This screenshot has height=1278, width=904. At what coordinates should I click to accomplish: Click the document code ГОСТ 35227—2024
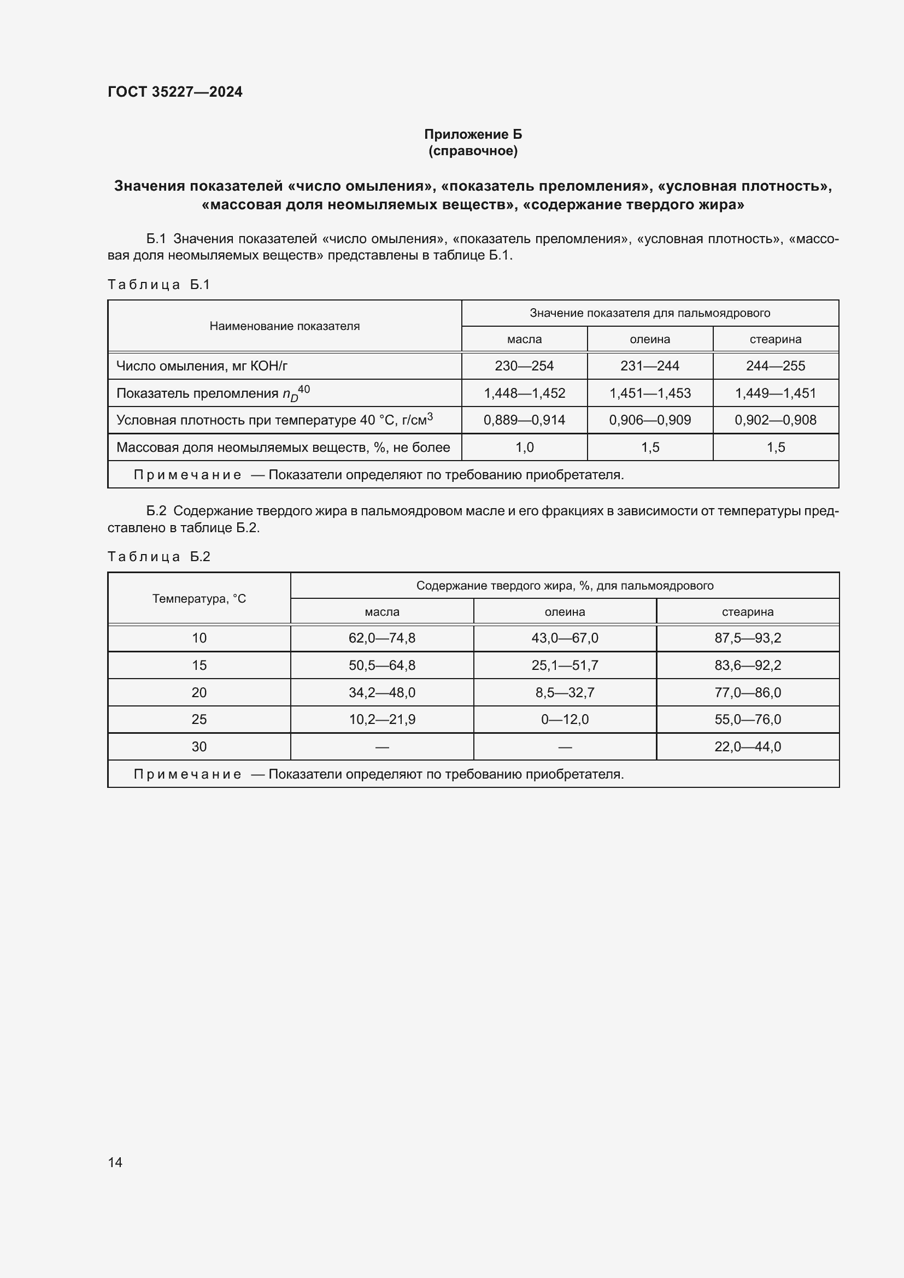(175, 92)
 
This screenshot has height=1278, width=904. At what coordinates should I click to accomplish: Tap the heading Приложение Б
(473, 134)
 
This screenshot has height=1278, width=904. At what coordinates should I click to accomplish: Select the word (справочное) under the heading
(473, 151)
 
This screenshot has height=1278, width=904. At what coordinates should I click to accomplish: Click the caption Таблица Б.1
(158, 285)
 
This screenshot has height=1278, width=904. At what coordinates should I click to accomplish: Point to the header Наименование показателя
(284, 326)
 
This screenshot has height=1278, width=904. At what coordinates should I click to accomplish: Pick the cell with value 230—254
(524, 366)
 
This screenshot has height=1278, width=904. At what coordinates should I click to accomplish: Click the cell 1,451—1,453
(650, 393)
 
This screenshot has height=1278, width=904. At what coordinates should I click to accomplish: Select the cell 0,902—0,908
(775, 420)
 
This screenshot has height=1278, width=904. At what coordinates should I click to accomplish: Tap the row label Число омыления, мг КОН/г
(202, 366)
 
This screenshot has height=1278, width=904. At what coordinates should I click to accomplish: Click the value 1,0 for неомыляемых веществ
(524, 447)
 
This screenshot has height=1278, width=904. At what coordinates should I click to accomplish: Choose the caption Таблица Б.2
(158, 557)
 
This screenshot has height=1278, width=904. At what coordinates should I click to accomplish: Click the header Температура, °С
(199, 598)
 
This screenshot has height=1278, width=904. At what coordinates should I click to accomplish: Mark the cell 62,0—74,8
(382, 638)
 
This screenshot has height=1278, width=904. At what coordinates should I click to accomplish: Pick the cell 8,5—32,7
(565, 692)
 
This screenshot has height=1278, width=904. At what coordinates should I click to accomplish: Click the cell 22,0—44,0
(747, 746)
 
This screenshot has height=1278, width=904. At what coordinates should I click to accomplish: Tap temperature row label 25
(199, 719)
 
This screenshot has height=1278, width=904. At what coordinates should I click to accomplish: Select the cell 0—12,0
(565, 719)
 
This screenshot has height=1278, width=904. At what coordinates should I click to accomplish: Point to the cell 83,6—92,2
(747, 665)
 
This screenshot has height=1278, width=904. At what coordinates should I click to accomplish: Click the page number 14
(115, 1162)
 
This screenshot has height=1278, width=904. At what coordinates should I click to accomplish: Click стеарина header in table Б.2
(747, 612)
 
